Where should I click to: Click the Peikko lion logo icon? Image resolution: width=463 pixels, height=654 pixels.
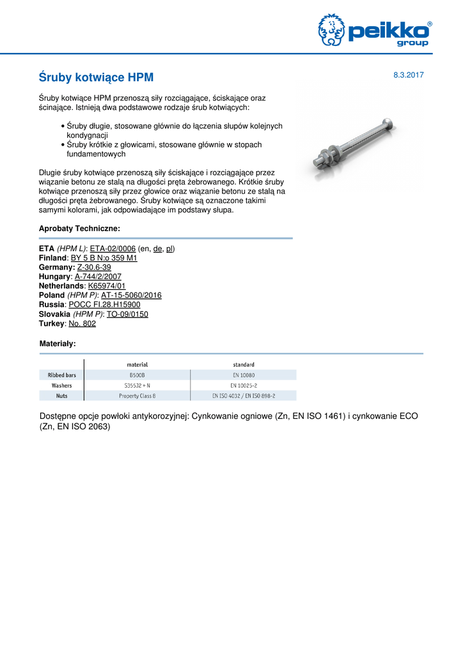[x=331, y=31]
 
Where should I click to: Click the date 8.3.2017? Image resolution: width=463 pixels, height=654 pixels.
[x=409, y=75]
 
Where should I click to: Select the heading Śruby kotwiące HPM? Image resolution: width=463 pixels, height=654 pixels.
[x=97, y=78]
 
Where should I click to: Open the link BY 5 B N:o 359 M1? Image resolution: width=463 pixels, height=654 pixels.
[x=104, y=258]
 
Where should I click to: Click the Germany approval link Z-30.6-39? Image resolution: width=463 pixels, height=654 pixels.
[x=94, y=268]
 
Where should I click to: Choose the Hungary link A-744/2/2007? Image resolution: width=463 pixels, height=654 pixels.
[x=98, y=277]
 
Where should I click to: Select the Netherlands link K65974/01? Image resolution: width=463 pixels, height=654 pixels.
[x=107, y=286]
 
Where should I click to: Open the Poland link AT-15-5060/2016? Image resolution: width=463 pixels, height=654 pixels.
[x=131, y=295]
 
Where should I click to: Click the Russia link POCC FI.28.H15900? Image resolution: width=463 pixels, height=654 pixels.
[x=104, y=305]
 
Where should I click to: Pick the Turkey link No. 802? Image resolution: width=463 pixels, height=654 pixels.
[x=82, y=324]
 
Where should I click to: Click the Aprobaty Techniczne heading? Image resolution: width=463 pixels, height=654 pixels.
[x=80, y=228]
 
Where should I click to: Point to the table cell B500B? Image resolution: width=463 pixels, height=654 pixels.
[x=137, y=376]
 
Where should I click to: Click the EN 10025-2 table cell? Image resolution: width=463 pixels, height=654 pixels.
[x=243, y=386]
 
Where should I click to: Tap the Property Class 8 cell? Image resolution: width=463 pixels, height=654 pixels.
[x=137, y=396]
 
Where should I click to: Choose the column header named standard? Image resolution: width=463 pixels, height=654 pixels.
[x=243, y=365]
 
